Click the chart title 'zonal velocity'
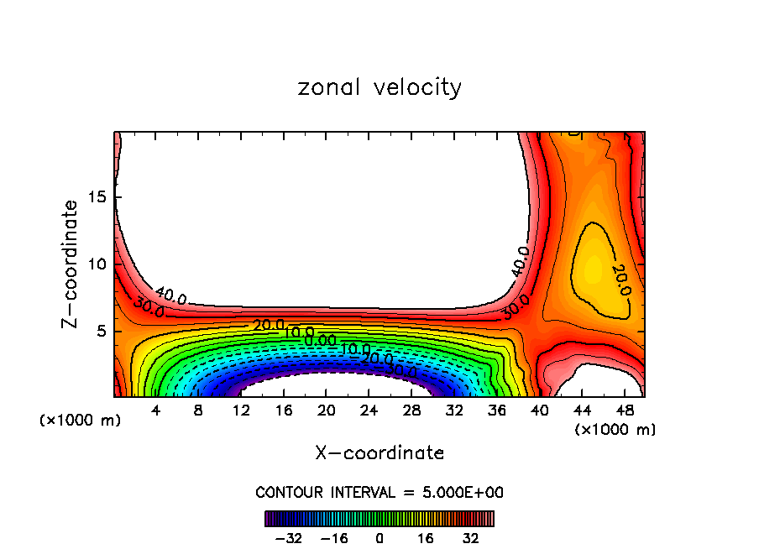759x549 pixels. tap(379, 87)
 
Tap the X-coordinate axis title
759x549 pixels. tap(379, 452)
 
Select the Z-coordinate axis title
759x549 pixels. tap(71, 264)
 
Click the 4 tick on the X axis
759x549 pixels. tap(156, 410)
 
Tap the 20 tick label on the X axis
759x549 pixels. tap(326, 410)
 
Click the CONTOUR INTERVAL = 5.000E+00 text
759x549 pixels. tap(379, 492)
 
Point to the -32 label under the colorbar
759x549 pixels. tap(289, 538)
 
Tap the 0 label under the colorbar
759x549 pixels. tap(379, 538)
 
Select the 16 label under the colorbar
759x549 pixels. tap(425, 538)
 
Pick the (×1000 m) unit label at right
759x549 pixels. tap(615, 430)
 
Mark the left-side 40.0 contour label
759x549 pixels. tap(170, 295)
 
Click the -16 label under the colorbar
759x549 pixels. tap(333, 538)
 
